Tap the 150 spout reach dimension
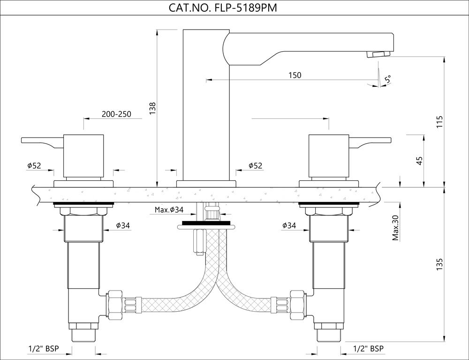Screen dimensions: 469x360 [x=295, y=75]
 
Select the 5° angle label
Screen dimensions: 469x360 [x=388, y=79]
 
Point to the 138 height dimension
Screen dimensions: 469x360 [x=152, y=108]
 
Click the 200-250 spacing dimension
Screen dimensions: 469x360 [x=116, y=114]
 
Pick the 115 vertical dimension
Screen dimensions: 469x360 [x=439, y=122]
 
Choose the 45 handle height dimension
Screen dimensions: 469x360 [x=420, y=161]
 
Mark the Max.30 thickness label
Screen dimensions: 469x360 [x=396, y=228]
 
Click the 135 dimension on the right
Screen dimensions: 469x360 [x=439, y=264]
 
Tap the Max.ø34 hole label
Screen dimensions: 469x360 [x=169, y=210]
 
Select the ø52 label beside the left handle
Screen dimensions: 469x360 [x=34, y=166]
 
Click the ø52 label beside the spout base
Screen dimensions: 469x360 [x=256, y=166]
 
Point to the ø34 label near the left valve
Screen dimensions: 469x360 [x=123, y=225]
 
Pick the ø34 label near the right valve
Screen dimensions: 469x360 [x=289, y=225]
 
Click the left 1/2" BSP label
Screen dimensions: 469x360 [x=44, y=349]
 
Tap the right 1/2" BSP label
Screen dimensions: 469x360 [x=368, y=349]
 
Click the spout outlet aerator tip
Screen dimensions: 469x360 [x=379, y=54]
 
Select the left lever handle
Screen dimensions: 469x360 [x=42, y=142]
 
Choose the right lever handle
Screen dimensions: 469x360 [x=370, y=142]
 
